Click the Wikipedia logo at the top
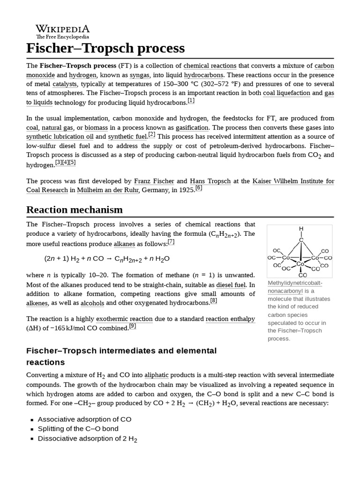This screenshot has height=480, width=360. pos(62,31)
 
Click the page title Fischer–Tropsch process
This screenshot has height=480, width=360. pos(105,48)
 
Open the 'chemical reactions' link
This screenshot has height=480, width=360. pos(210,66)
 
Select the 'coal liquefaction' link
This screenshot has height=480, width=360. pos(286,93)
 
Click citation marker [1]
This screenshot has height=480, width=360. pos(191,101)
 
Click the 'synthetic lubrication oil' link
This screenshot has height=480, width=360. pos(60,137)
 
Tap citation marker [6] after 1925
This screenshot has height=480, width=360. pos(198,188)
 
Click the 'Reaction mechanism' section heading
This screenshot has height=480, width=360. pos(75,210)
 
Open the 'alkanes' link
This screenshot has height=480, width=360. pos(124,244)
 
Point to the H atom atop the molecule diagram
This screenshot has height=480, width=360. pos(301,229)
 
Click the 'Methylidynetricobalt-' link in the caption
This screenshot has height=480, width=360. pos(295,283)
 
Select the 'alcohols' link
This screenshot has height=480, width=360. pos(92,303)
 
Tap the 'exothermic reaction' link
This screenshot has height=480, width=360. pos(124,319)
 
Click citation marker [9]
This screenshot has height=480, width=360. pos(132,326)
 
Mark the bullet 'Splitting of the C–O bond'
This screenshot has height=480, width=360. pos(78,429)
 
